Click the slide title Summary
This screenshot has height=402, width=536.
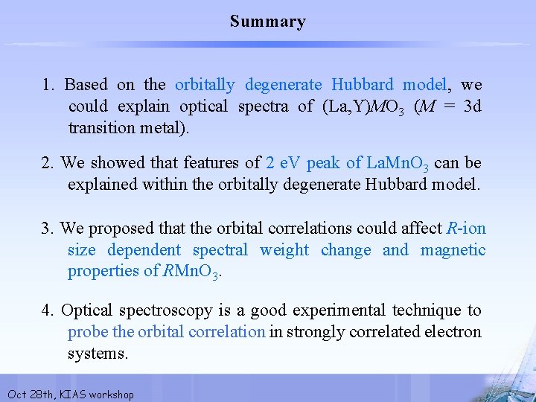click(x=267, y=22)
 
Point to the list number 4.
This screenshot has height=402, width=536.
click(x=48, y=310)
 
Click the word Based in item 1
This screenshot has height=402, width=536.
click(x=86, y=85)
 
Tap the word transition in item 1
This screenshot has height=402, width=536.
click(x=103, y=127)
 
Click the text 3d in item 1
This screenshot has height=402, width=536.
click(x=471, y=106)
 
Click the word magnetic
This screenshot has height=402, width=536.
click(x=453, y=250)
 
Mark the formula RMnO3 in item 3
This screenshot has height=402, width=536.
click(x=192, y=272)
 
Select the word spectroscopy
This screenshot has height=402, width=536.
click(x=156, y=310)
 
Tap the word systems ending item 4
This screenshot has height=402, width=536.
click(x=98, y=354)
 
